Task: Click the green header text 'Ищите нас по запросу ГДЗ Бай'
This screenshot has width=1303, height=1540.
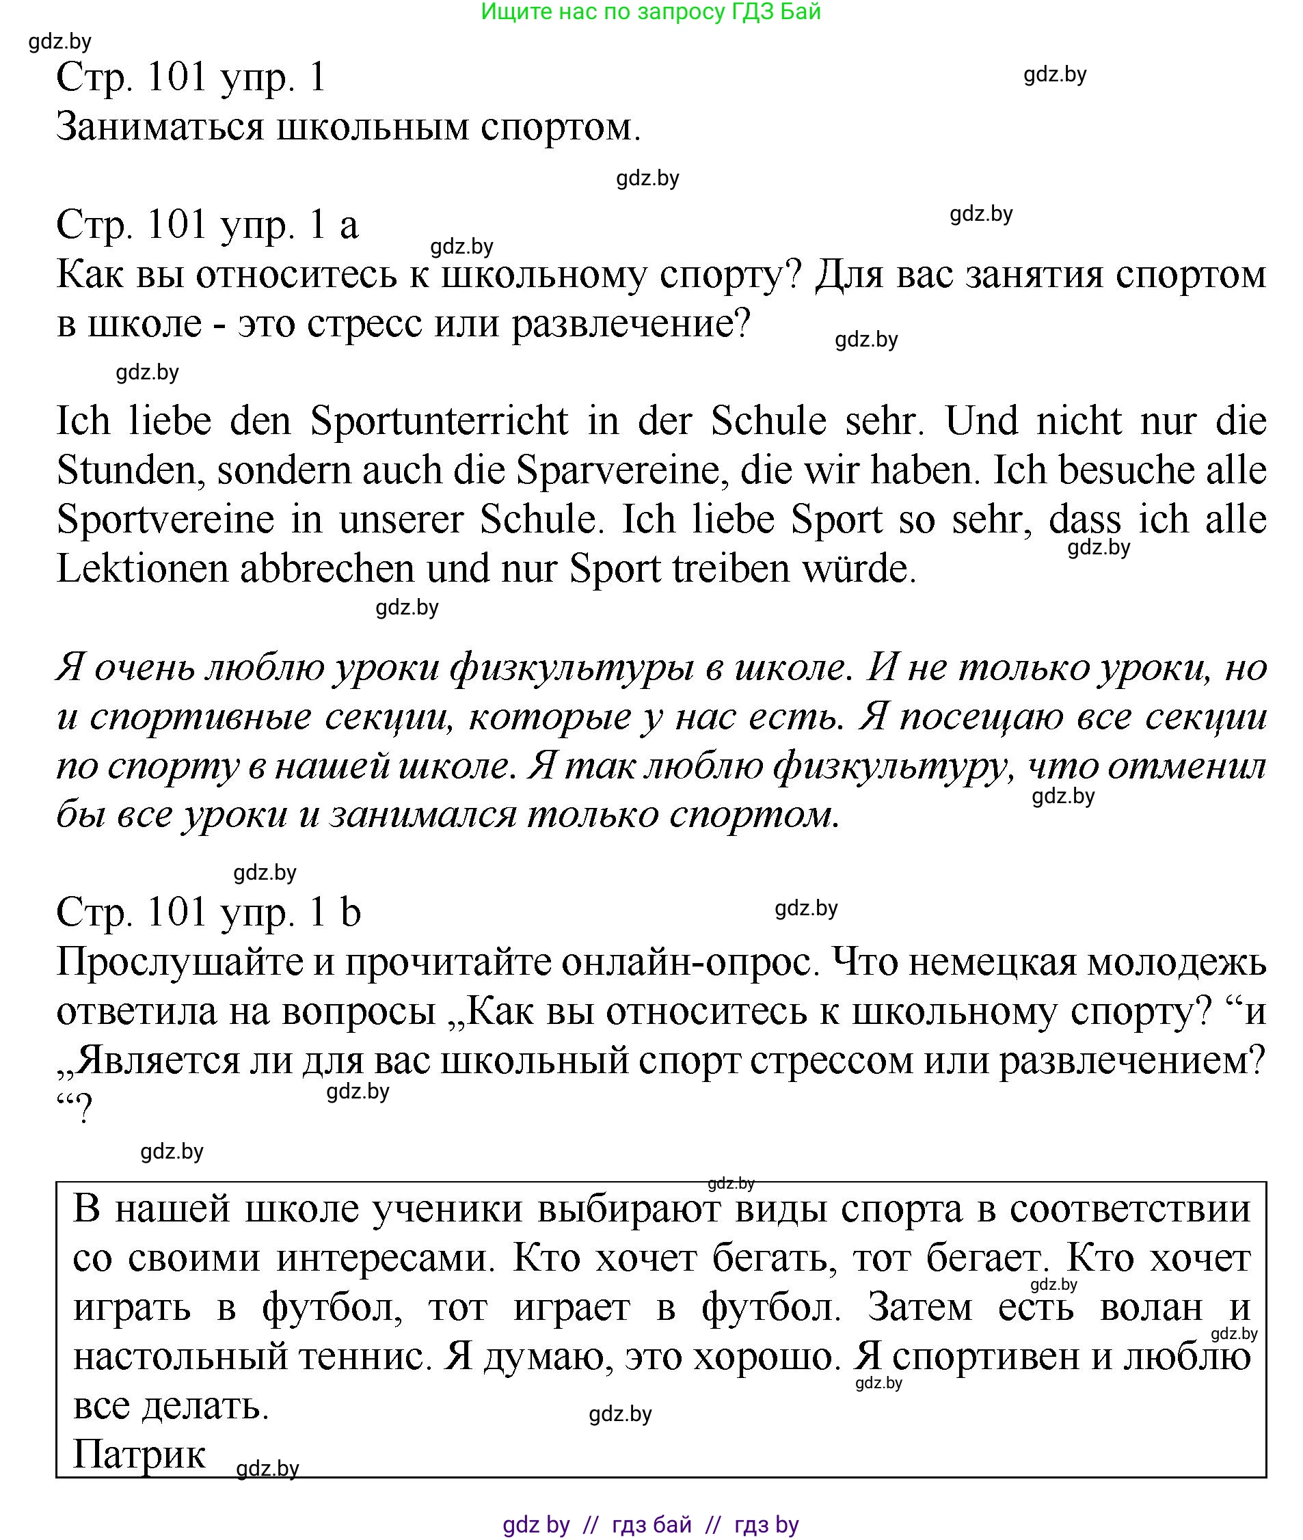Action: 650,12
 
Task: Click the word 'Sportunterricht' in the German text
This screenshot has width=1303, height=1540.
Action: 439,422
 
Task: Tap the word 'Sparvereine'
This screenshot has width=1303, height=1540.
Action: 617,471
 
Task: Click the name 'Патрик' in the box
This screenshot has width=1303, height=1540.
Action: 139,1454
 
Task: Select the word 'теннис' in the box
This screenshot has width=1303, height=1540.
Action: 360,1356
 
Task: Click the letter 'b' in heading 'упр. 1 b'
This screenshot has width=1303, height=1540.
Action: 350,913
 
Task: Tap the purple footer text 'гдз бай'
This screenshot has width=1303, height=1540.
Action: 651,1524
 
